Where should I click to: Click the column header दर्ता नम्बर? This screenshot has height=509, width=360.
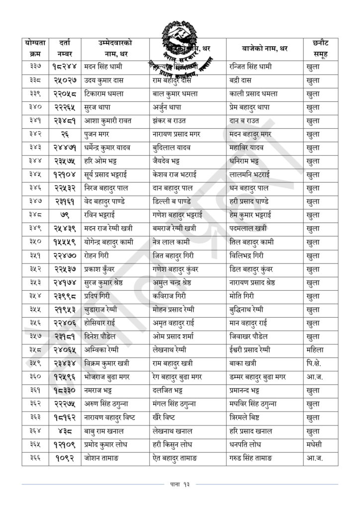64,49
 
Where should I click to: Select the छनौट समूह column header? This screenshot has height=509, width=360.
321,49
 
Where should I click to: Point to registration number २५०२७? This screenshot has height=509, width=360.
64,80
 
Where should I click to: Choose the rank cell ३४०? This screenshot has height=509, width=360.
35,107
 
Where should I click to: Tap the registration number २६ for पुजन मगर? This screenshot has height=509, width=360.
64,134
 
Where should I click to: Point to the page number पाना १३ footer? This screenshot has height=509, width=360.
180,484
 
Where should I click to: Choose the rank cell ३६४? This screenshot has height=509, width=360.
35,431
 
